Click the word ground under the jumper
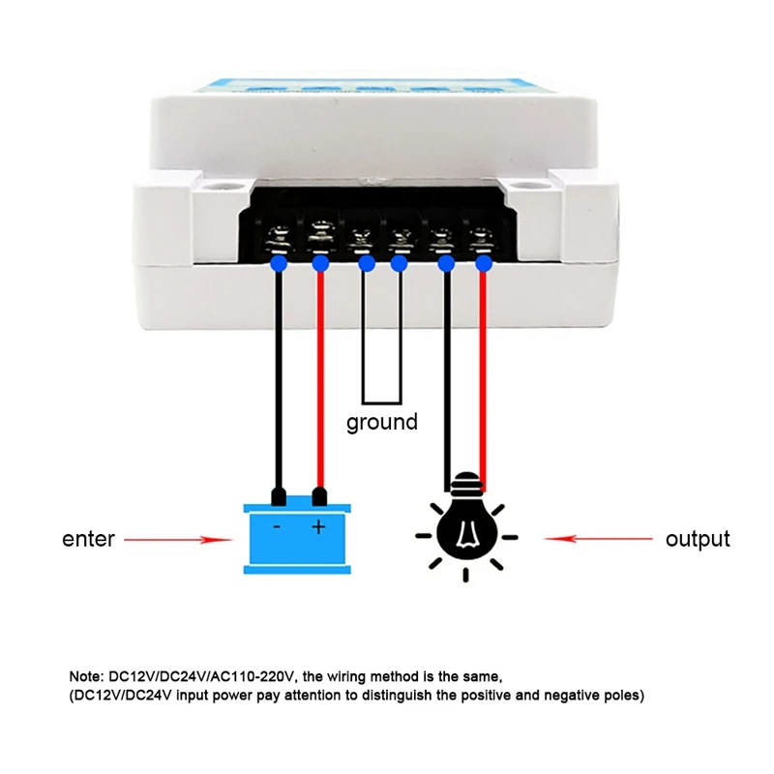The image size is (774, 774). [382, 423]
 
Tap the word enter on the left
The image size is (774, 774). [88, 539]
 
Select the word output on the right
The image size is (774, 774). [697, 539]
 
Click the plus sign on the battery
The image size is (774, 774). [318, 527]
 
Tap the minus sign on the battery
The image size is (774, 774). [277, 527]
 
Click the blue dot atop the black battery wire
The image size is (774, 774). [279, 263]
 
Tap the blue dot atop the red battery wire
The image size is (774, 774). [319, 263]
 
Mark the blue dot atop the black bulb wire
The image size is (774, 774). [446, 263]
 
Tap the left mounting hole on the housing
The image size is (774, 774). [210, 183]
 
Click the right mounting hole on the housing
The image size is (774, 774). [526, 183]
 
